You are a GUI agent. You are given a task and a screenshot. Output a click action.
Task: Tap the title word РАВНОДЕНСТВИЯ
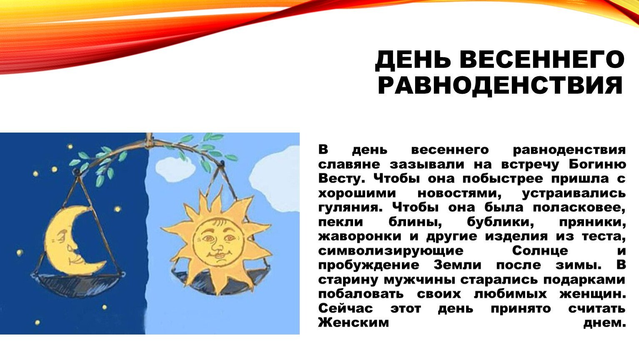(500, 85)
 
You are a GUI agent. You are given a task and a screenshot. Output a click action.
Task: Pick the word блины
(415, 222)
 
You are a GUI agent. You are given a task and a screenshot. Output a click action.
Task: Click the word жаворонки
(360, 237)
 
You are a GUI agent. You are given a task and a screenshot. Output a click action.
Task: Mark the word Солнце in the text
(540, 251)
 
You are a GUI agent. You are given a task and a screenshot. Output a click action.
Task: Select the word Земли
(458, 265)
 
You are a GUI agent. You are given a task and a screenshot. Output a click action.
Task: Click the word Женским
(354, 323)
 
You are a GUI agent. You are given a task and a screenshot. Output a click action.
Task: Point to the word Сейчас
(346, 308)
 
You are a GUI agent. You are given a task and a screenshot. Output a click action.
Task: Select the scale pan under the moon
(77, 284)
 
